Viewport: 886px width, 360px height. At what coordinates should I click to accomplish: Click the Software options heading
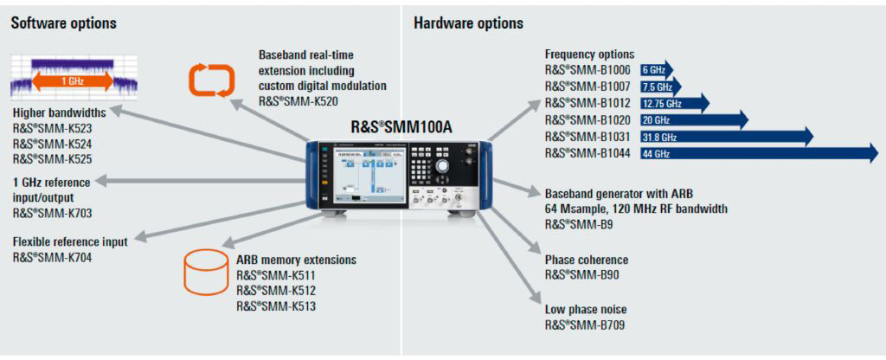click(x=63, y=23)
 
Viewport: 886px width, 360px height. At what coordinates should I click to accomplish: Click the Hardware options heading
click(x=468, y=23)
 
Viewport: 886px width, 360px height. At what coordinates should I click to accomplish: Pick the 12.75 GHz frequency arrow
click(x=674, y=104)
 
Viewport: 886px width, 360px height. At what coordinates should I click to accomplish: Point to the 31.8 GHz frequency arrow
click(x=726, y=137)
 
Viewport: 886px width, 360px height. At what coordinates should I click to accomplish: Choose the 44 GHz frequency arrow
click(x=758, y=153)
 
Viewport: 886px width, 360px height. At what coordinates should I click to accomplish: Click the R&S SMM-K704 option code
click(x=52, y=257)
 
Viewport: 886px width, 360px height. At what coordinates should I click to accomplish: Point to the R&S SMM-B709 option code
click(x=584, y=325)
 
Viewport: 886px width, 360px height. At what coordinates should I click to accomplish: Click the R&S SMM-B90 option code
click(x=581, y=275)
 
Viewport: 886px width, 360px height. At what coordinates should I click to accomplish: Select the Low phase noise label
click(x=586, y=309)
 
